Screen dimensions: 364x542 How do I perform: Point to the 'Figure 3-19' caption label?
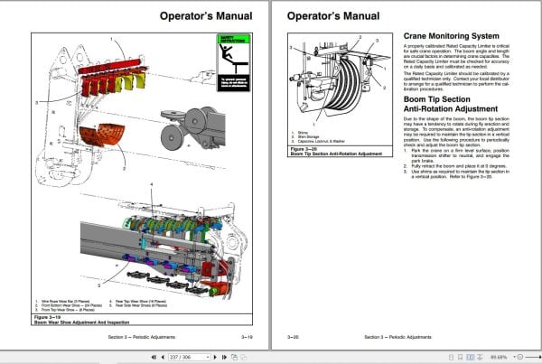47,317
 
